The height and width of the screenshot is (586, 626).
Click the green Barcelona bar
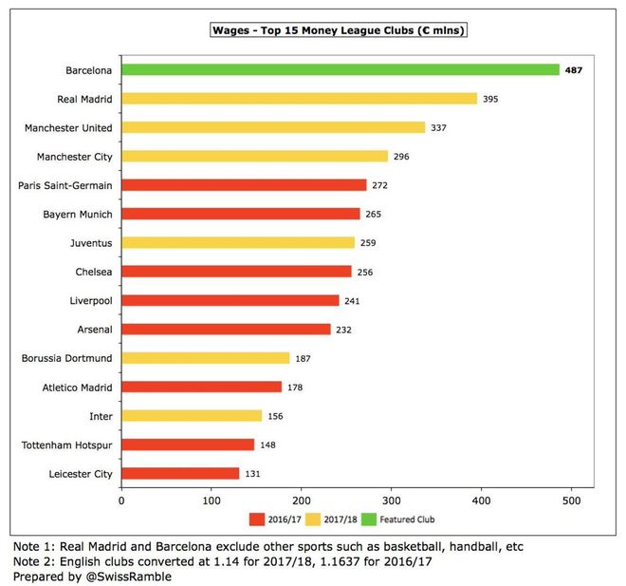[x=340, y=69]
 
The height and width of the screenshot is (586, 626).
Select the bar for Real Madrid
[x=299, y=99]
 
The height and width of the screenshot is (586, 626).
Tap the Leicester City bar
[x=180, y=473]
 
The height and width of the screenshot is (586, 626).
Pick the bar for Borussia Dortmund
[x=206, y=358]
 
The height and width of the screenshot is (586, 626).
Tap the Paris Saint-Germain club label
[x=65, y=185]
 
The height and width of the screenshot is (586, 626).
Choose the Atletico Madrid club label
[x=74, y=387]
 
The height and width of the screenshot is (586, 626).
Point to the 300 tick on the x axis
[x=392, y=499]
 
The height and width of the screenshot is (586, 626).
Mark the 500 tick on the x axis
[x=572, y=499]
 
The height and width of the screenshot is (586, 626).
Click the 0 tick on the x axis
[x=121, y=499]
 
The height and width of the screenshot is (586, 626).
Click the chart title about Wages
[x=341, y=30]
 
